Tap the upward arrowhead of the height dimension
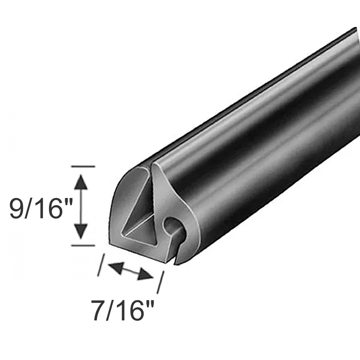coord(82,181)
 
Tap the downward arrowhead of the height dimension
coord(82,230)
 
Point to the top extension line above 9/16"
coord(83,167)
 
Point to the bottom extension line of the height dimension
coord(83,245)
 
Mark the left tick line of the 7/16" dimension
coord(101,265)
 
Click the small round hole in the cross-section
coord(171,226)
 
